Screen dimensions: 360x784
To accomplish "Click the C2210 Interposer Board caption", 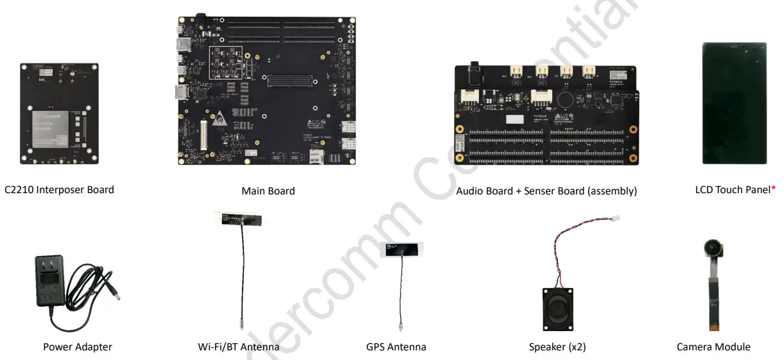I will [59, 190].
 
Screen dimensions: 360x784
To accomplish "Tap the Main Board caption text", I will [268, 191].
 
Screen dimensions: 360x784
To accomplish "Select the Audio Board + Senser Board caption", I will [546, 191].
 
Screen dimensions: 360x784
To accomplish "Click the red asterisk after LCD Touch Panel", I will [772, 189].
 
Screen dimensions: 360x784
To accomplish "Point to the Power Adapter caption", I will [77, 347].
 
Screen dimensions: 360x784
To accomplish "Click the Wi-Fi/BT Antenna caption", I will [238, 347].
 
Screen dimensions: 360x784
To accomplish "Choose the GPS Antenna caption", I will [396, 347].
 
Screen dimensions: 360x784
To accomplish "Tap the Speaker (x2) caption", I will [557, 347].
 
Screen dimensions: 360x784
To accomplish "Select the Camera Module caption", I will [713, 347].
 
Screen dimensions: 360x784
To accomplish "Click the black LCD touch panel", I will [734, 104].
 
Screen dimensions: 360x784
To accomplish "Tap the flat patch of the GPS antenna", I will [399, 250].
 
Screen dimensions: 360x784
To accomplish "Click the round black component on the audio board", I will [565, 99].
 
